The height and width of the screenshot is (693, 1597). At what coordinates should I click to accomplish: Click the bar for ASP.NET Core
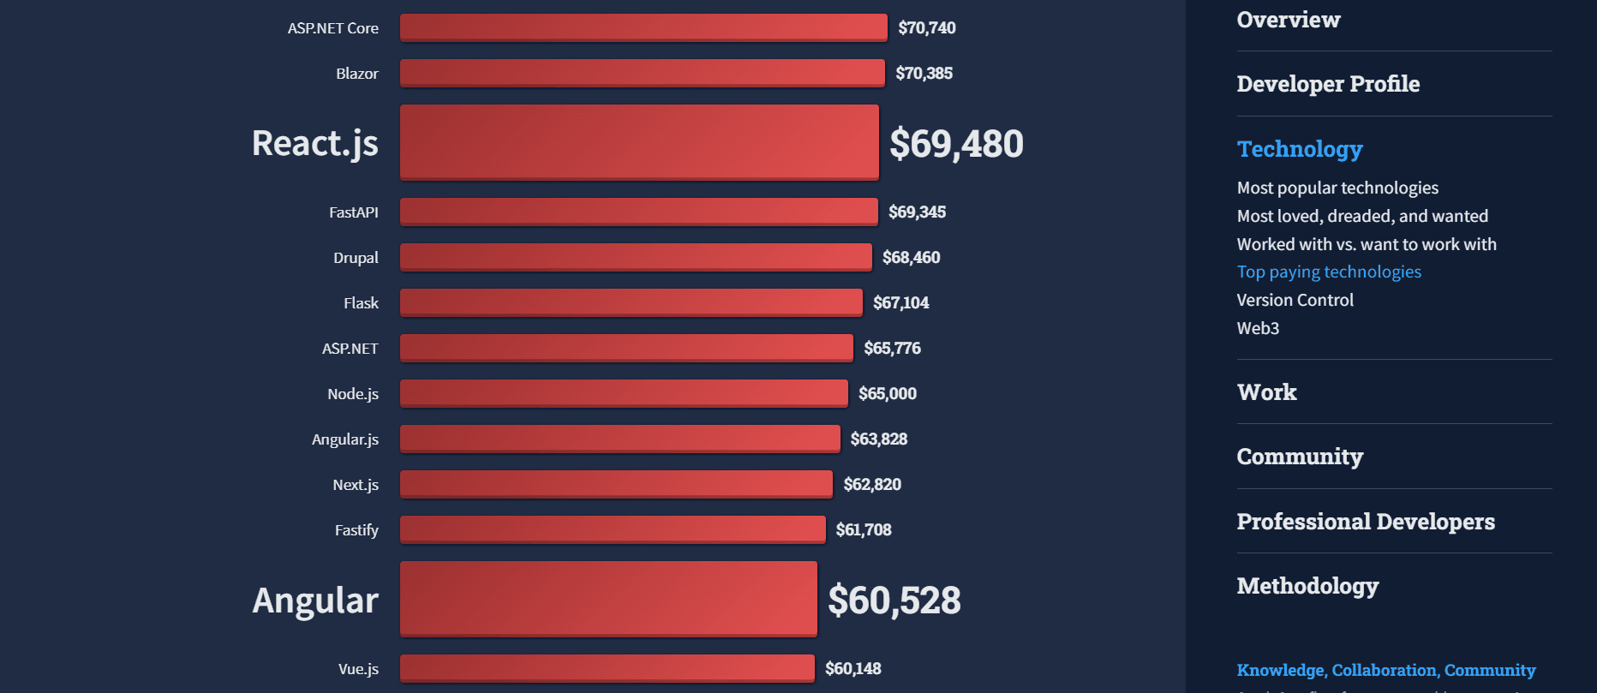point(643,27)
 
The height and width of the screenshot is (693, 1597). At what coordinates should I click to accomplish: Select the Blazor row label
point(356,74)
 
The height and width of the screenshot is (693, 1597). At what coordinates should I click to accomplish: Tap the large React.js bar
point(639,142)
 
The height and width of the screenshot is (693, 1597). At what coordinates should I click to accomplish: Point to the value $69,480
point(956,143)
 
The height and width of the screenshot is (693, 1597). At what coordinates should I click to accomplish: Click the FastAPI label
point(353,212)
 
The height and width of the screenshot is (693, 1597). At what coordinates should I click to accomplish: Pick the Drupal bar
point(636,257)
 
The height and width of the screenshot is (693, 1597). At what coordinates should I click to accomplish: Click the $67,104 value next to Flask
point(900,302)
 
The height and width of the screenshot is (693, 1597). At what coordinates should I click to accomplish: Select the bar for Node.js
point(624,393)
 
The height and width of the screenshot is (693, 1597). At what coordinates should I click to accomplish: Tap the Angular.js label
point(344,439)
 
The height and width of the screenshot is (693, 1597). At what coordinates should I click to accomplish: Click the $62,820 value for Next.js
point(872,484)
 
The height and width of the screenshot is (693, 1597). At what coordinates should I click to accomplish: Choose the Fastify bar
point(613,529)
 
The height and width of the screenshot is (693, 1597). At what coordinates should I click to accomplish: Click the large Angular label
point(315,600)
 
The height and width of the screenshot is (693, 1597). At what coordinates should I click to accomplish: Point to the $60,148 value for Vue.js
point(852,668)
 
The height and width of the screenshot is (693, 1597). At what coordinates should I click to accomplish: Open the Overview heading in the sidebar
point(1288,20)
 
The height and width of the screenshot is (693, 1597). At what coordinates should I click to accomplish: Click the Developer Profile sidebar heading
point(1328,84)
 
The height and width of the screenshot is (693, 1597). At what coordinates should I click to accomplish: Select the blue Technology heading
point(1299,149)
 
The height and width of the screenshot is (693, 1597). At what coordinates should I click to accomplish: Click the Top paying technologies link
point(1328,272)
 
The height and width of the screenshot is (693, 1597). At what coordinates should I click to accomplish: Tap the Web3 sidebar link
point(1258,328)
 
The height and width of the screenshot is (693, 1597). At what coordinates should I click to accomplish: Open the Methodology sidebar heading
point(1307,586)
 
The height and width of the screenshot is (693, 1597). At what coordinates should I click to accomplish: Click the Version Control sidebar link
point(1295,300)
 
